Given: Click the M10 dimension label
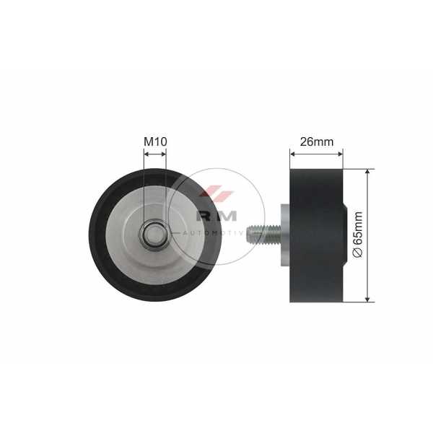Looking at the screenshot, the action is (155, 141).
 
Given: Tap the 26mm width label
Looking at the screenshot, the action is (317, 141).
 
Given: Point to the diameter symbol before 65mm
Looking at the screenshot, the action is (358, 252).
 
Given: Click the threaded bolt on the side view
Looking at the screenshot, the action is (263, 235).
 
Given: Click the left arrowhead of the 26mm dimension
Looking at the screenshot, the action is (293, 154).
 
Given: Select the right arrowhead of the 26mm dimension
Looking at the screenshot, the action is (340, 154).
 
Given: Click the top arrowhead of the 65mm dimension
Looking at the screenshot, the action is (367, 172).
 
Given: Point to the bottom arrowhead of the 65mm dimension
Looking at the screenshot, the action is (367, 299).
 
